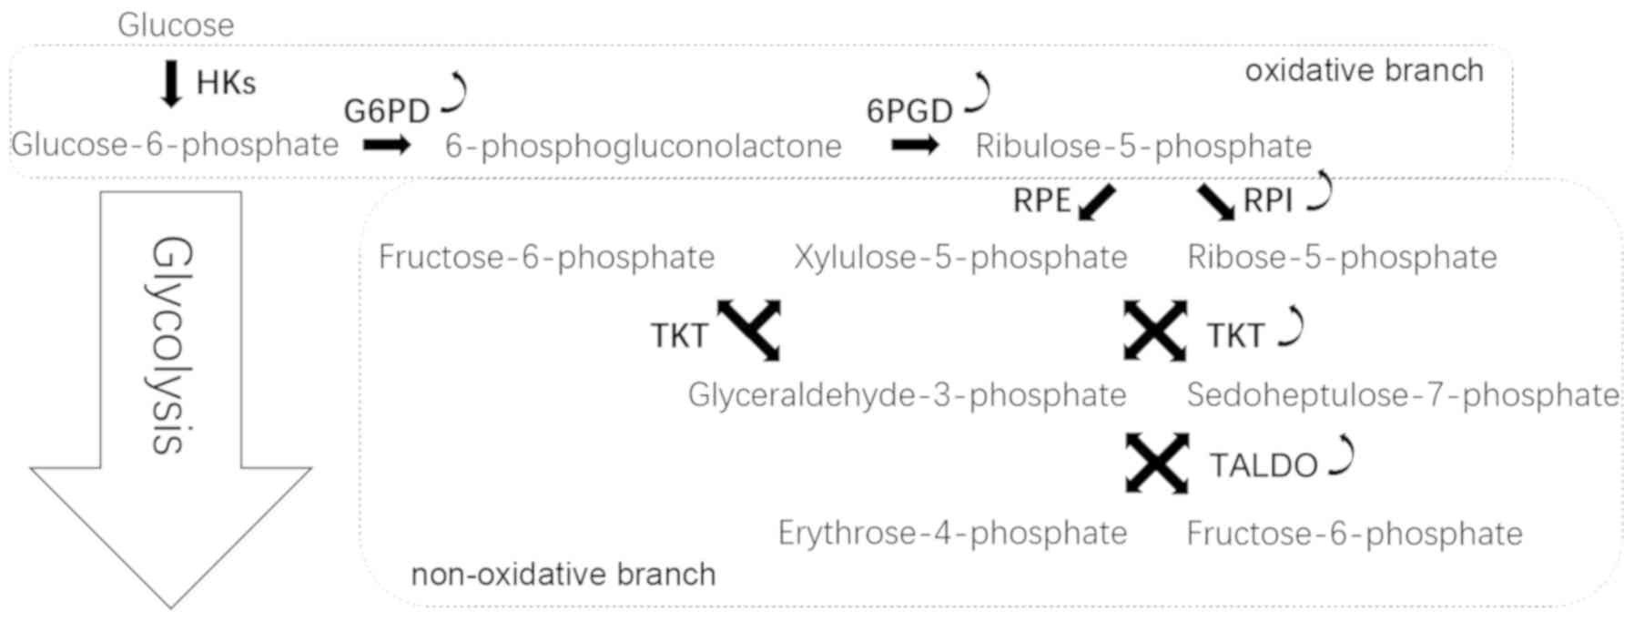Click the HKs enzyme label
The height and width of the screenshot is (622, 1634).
tap(226, 84)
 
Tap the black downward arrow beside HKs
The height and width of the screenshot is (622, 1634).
tap(170, 84)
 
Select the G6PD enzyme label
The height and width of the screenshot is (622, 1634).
tap(386, 111)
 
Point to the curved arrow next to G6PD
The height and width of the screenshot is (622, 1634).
tap(455, 94)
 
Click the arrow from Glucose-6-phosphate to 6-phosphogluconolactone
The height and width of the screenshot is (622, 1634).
tap(387, 145)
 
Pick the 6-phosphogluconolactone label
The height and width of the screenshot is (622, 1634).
tap(643, 146)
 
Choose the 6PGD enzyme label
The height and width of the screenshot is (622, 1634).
tap(908, 111)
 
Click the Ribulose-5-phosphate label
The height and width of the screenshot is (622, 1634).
tap(1143, 146)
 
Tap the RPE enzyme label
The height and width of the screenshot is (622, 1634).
tap(1041, 200)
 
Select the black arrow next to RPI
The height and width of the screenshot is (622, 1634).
tap(1215, 201)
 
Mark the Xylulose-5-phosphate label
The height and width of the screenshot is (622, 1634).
tap(960, 258)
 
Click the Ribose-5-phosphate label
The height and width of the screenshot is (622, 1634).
tap(1342, 258)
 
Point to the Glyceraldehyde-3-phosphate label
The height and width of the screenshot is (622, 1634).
tap(907, 395)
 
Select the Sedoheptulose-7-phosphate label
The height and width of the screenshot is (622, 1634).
tap(1403, 395)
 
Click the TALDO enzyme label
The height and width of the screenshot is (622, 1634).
tap(1264, 465)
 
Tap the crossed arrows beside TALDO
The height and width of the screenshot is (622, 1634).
tap(1157, 464)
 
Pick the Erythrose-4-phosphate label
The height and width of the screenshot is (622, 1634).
tap(952, 534)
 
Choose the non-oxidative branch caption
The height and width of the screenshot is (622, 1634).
tap(563, 575)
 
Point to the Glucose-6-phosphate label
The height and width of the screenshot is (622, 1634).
tap(175, 145)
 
